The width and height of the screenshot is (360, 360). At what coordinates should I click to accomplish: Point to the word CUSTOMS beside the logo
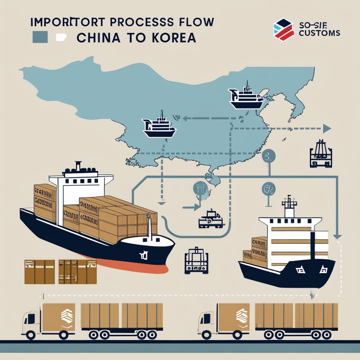point(319,33)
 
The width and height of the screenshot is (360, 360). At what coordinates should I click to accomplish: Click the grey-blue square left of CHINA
point(40,37)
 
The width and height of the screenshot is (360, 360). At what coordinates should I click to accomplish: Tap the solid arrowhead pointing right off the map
point(327,129)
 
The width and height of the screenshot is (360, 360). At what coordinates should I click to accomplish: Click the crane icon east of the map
point(321,154)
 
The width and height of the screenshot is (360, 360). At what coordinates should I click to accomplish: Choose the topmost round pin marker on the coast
point(268,156)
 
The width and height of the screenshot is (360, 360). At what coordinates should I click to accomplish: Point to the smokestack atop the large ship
point(78,166)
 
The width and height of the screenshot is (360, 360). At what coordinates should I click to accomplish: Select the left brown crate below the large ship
point(39,272)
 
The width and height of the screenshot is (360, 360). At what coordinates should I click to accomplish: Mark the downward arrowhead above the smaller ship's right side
point(337,237)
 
